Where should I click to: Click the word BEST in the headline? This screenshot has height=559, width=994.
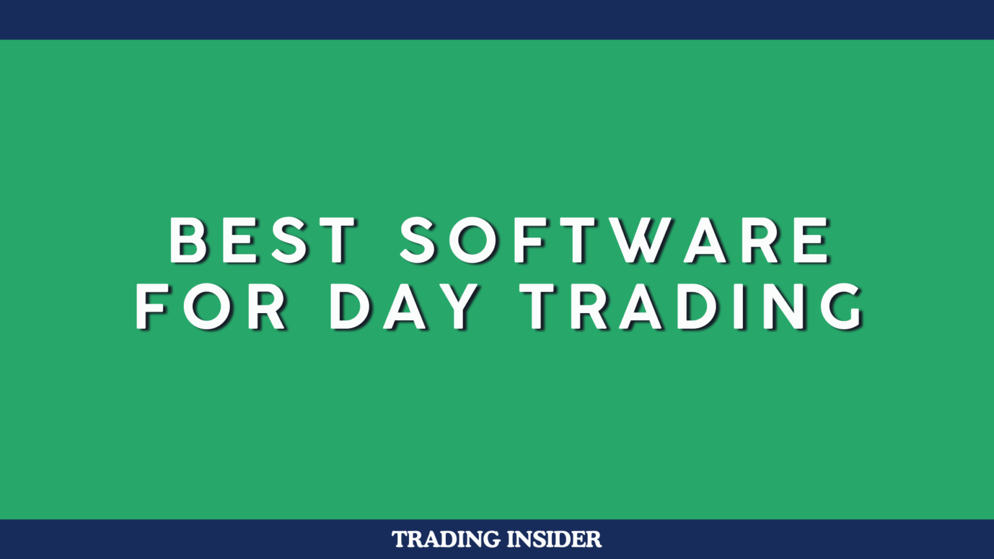point(262,240)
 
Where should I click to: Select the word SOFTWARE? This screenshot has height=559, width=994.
point(615,240)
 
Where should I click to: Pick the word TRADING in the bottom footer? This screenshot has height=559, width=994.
point(447,539)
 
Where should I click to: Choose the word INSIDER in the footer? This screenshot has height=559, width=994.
point(555,539)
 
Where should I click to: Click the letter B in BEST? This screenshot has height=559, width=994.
point(188,240)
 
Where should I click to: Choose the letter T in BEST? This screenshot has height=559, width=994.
point(337,240)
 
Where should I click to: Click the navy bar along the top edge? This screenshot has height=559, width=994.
point(497,19)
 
